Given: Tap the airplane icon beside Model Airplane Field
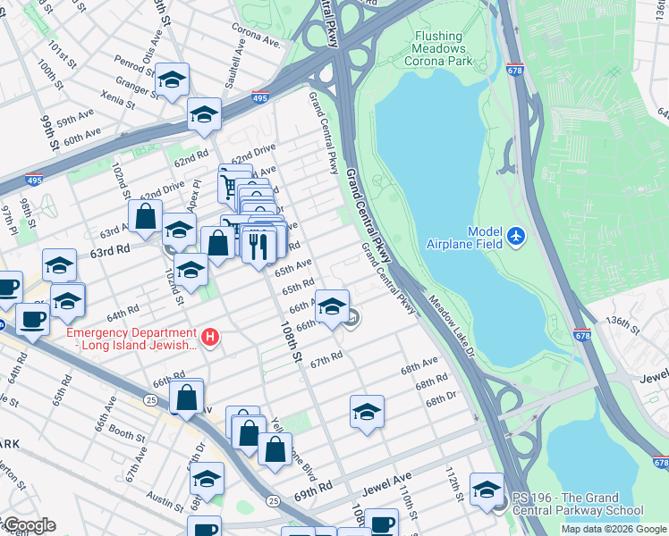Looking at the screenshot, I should (515, 237).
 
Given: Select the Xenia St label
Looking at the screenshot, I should (117, 99).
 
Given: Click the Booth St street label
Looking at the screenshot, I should (126, 437).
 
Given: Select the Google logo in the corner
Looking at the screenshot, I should (29, 526).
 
